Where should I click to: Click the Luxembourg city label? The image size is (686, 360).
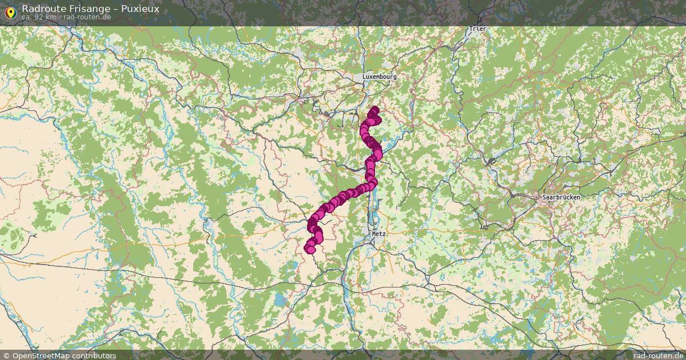pos(379,77)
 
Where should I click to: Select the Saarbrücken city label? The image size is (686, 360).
pos(561,197)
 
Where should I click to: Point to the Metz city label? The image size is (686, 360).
pos(379,234)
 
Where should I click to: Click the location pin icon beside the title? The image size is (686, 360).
pos(10,11)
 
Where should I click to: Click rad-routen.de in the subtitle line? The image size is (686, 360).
pos(87,17)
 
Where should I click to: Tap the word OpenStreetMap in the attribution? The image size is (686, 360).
pos(42,355)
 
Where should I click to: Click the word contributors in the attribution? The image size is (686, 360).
pos(95,355)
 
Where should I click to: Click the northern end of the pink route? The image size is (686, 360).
pos(374,109)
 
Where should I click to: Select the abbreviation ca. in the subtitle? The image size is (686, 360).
pos(27,17)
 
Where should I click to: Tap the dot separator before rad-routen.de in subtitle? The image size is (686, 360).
pos(60,17)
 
